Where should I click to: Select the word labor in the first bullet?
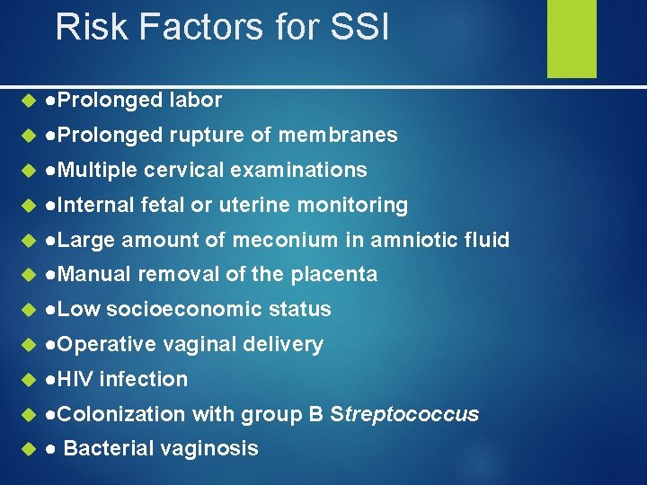(x=195, y=100)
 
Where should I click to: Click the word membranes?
(x=338, y=135)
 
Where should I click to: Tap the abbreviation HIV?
(x=76, y=379)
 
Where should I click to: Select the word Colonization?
(x=120, y=414)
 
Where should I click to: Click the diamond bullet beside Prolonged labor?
(x=26, y=101)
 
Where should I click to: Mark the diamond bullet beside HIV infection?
(x=26, y=380)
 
